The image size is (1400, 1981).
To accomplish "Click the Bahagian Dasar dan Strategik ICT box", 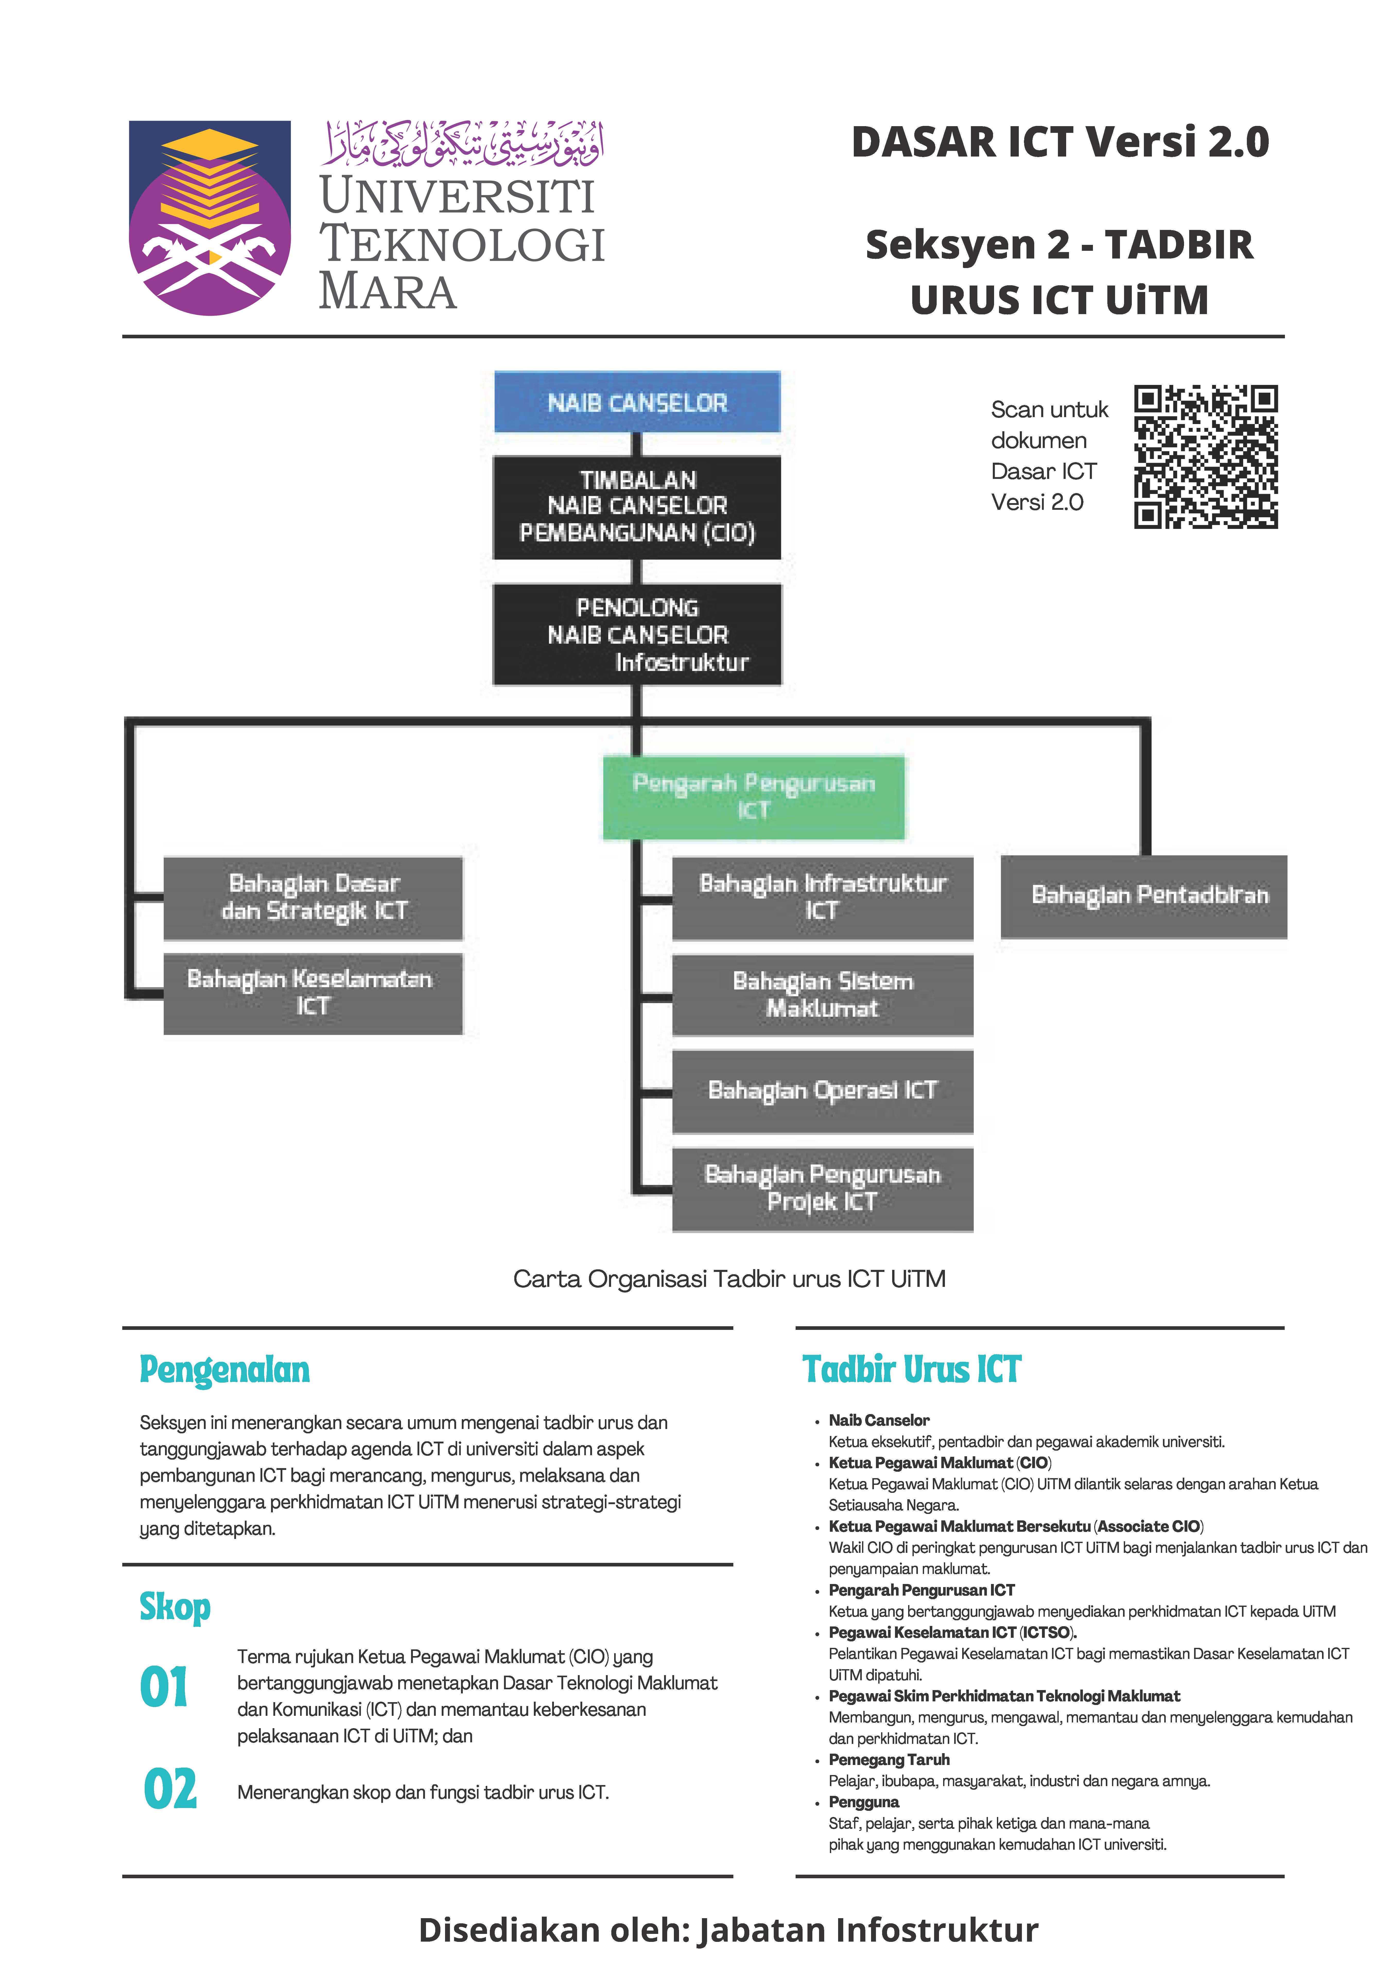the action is click(x=313, y=897).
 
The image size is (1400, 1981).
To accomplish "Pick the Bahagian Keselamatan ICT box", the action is click(x=313, y=993).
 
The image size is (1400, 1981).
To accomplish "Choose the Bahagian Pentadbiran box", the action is click(x=1144, y=897).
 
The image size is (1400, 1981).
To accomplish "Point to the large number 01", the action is click(x=164, y=1688).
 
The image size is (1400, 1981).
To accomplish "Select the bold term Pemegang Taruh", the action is click(x=889, y=1759).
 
